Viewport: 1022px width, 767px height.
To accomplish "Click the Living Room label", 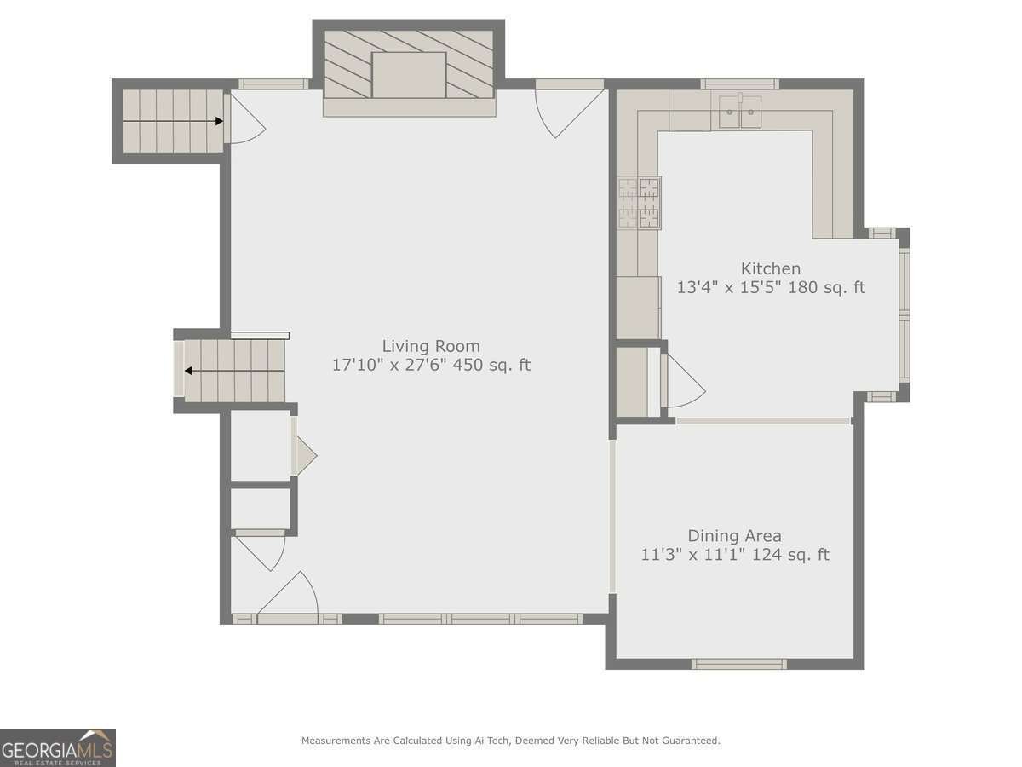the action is [x=431, y=346].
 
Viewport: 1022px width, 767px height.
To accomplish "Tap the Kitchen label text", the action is [x=770, y=268].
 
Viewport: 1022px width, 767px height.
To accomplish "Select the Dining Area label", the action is [x=734, y=536].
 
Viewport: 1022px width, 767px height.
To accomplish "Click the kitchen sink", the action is [x=740, y=111].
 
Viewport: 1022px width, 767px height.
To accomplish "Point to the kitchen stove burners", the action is [x=639, y=203].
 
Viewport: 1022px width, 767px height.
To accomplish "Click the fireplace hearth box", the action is [x=409, y=75].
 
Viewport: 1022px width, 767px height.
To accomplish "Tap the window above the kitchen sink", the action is [x=740, y=84].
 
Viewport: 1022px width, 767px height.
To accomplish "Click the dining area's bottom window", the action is [x=739, y=664].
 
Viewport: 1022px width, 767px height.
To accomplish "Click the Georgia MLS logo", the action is [x=58, y=747].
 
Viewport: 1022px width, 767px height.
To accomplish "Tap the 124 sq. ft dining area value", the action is [x=790, y=555].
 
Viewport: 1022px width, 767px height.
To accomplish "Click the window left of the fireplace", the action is [x=273, y=84].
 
